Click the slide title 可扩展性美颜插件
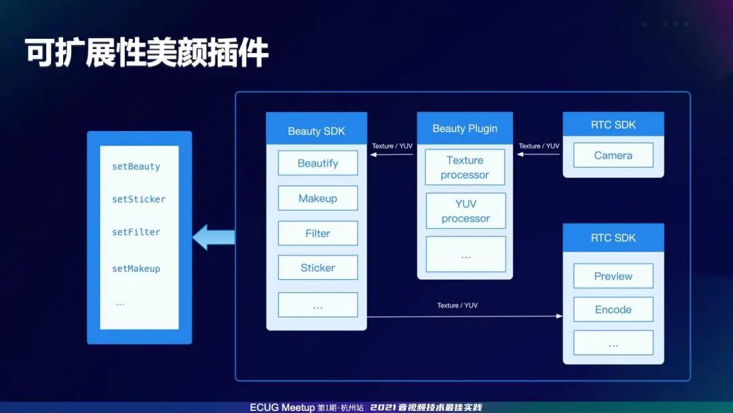coord(147,53)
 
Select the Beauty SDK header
coord(316,130)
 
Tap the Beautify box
coord(318,163)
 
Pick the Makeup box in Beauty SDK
coord(318,198)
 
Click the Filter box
coord(318,233)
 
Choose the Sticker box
coord(318,268)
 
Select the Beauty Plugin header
coord(465,128)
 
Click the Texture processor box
coord(465,168)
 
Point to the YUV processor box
coord(465,211)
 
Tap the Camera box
coord(613,156)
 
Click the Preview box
coord(613,276)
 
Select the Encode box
coord(613,309)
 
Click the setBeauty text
coord(136,166)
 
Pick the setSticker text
coord(138,199)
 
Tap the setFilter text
coord(136,232)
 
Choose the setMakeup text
coord(136,269)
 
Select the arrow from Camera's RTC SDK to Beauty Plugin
coord(539,154)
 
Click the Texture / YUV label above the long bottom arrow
coord(457,306)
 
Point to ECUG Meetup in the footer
coord(282,408)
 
